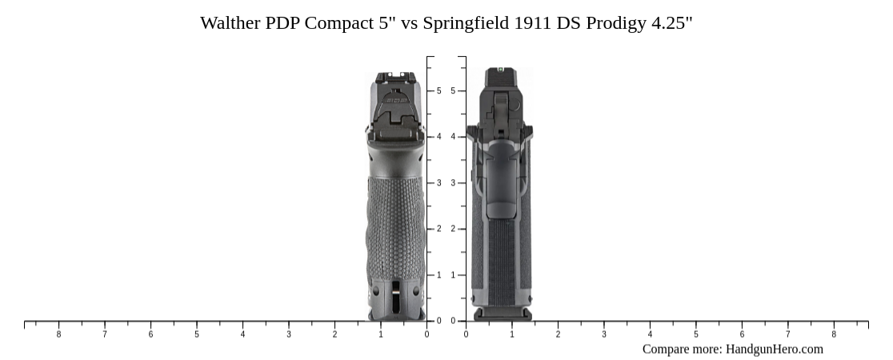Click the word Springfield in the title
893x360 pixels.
[466, 23]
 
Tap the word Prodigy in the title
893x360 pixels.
[615, 23]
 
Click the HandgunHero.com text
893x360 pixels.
[774, 349]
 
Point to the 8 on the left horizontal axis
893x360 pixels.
[58, 334]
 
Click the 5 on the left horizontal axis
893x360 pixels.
[197, 334]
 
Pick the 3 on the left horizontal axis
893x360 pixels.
[289, 334]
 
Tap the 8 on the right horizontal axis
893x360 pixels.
[834, 334]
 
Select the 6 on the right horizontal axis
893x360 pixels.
[742, 334]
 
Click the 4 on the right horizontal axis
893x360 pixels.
[650, 334]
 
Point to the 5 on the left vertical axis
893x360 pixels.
[438, 91]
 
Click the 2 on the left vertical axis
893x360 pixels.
[438, 230]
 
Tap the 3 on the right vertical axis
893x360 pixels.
[453, 183]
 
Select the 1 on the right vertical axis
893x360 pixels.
[453, 275]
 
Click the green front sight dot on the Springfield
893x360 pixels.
[500, 70]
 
